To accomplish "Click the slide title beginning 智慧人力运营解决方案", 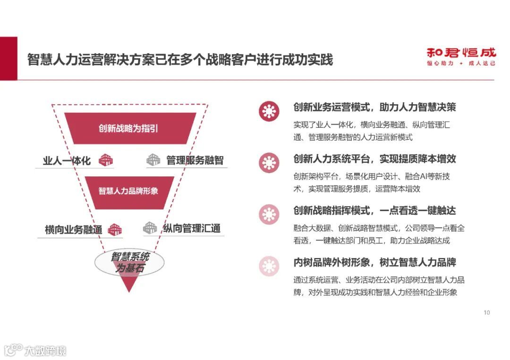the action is click(x=180, y=60).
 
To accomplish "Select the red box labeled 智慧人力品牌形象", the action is click(x=128, y=191).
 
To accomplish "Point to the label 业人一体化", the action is click(x=67, y=160).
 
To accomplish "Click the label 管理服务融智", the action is click(x=195, y=160).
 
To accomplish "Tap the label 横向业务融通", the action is click(x=73, y=230).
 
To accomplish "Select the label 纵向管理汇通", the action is click(x=192, y=229).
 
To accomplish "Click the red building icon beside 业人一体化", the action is click(x=106, y=160).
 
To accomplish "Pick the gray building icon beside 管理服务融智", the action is click(x=153, y=160).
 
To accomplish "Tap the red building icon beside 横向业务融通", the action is click(x=115, y=230).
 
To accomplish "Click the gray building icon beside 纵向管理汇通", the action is click(x=150, y=228).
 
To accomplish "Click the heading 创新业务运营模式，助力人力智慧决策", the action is click(x=374, y=107).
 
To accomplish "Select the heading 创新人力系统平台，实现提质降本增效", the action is click(x=374, y=159).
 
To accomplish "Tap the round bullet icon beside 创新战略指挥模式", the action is click(x=269, y=214).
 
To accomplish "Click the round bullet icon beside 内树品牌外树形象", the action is click(x=269, y=266).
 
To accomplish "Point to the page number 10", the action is click(x=487, y=312).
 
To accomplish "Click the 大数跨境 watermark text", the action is click(x=45, y=351).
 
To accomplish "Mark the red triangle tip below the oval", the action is click(x=128, y=287).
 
